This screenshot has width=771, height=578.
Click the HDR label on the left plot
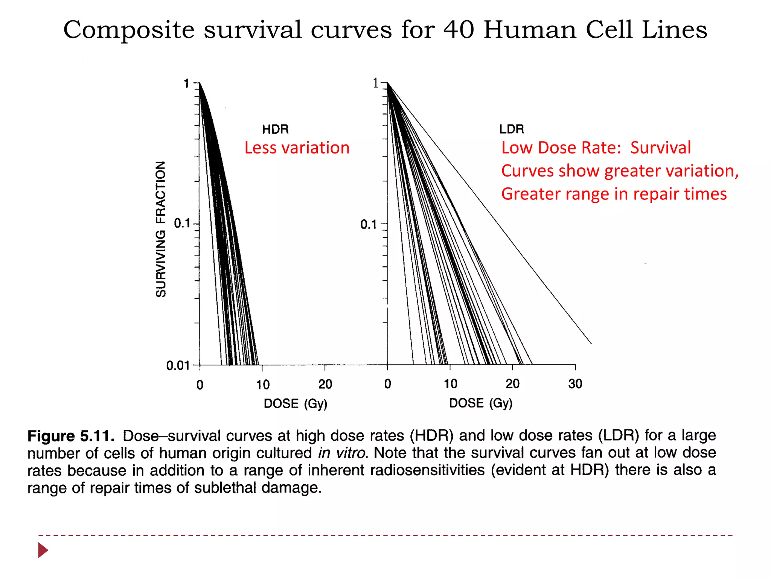point(275,129)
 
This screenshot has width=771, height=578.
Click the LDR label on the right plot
point(511,129)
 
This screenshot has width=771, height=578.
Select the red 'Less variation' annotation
point(297,148)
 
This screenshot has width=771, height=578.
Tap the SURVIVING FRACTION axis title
point(161,229)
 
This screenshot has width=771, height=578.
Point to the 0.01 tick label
point(177,365)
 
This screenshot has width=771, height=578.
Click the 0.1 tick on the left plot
point(182,224)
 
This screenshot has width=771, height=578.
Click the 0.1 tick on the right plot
point(369,224)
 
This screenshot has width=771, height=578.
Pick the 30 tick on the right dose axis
point(575,384)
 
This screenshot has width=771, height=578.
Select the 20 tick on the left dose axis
point(325,384)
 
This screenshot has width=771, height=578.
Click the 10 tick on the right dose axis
point(450,384)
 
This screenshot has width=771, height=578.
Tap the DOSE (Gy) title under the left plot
point(296,404)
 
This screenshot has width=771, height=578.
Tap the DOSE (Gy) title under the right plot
point(481,403)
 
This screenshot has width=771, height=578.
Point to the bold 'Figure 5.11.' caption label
point(71,436)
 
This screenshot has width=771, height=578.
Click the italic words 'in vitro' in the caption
point(342,453)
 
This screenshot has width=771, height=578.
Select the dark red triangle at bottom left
point(43,550)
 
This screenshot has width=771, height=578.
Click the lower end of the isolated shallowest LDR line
point(590,343)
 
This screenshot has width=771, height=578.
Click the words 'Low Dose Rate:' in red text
point(561,148)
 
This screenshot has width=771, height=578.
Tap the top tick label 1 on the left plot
point(186,84)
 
